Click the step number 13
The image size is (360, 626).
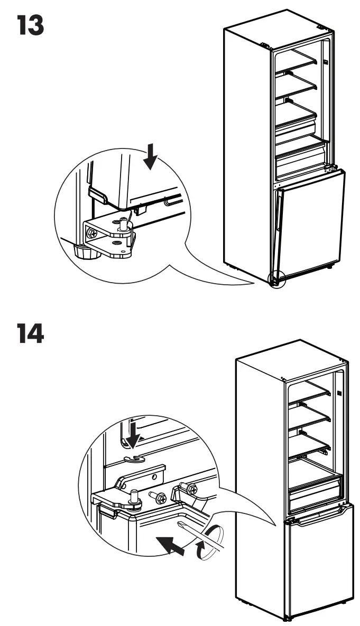(30, 25)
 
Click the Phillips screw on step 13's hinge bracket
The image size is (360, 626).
(92, 233)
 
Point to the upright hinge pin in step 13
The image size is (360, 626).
(124, 223)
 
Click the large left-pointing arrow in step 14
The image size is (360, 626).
(170, 545)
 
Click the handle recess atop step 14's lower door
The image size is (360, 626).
(318, 516)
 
